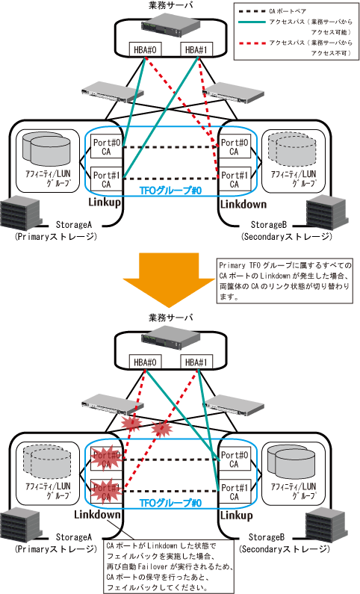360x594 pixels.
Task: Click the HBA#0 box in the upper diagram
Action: pos(145,49)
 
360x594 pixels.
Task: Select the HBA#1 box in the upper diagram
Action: pos(196,49)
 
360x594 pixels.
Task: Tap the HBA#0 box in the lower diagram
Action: pos(145,362)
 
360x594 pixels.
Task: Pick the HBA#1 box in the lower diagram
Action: pos(196,362)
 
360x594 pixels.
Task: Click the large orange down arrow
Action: pos(169,279)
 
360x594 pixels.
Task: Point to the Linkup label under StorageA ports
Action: pos(105,202)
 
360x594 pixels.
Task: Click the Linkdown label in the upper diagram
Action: pos(243,204)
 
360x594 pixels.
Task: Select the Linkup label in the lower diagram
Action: pos(236,516)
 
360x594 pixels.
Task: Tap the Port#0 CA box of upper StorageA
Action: pos(106,147)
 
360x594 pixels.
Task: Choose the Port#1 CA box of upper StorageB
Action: pos(235,179)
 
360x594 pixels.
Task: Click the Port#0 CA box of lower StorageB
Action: pos(235,460)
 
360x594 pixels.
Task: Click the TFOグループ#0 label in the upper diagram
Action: pos(171,191)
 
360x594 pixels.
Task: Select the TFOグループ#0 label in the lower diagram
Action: pos(171,503)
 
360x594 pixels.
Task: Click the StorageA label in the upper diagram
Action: pos(73,225)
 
